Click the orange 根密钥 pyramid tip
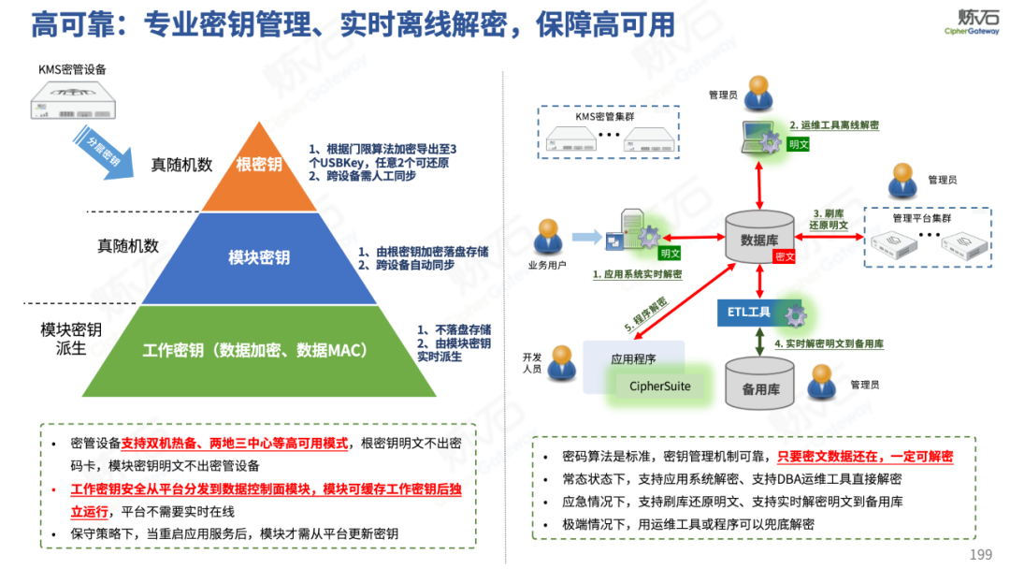259,166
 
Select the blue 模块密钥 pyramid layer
259,256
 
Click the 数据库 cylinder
759,240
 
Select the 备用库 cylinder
759,386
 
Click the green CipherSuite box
660,386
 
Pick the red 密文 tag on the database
785,256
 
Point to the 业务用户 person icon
548,241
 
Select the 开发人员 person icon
561,366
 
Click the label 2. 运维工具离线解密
833,124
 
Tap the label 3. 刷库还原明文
830,219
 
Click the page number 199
980,555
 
